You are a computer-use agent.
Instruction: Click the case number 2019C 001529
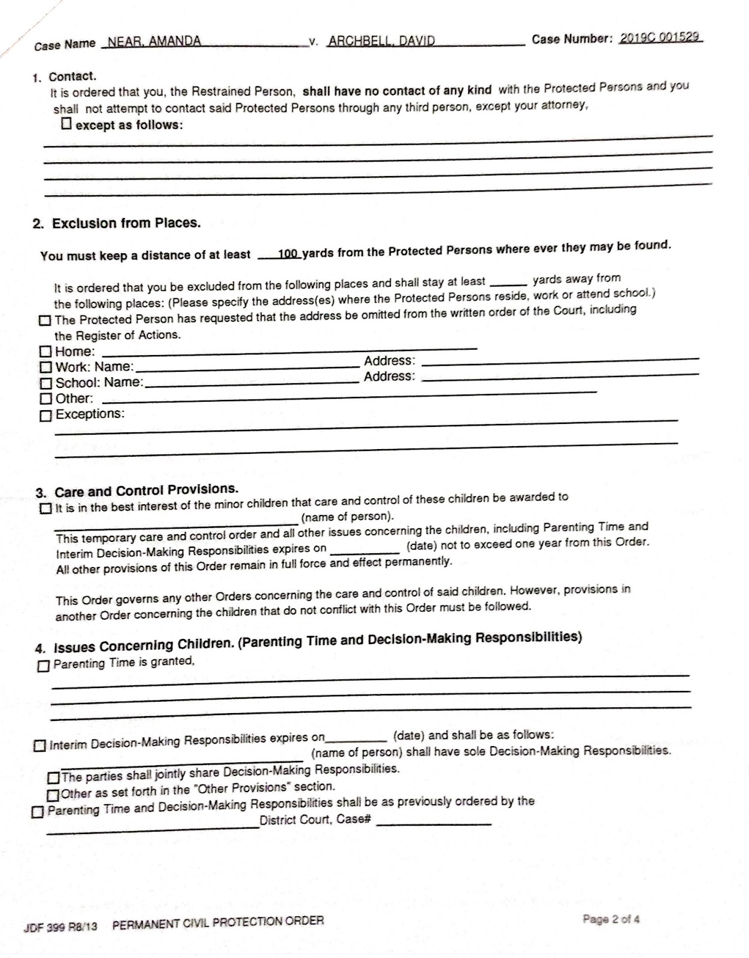[659, 37]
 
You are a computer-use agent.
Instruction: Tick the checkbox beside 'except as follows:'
[66, 124]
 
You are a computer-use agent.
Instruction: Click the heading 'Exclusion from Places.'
[126, 223]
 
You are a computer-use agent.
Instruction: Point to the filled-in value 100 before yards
[288, 254]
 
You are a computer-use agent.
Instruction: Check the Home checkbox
[46, 351]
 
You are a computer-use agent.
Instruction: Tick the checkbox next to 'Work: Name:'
[46, 366]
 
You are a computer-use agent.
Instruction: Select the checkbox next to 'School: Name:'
[46, 383]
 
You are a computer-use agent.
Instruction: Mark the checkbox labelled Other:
[46, 398]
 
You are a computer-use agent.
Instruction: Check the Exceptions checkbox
[46, 415]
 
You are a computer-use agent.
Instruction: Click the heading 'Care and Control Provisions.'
[146, 491]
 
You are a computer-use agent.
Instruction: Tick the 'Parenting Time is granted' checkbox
[43, 666]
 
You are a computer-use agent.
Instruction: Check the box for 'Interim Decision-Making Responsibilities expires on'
[40, 746]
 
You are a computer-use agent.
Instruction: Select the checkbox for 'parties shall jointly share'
[53, 778]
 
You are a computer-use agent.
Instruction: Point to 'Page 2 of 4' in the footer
[611, 919]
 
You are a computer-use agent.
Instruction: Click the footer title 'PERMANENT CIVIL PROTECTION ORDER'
[218, 922]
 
